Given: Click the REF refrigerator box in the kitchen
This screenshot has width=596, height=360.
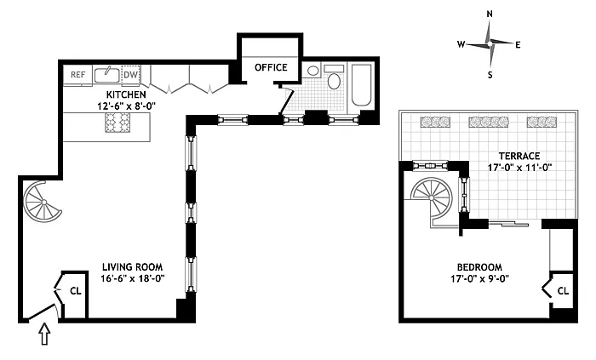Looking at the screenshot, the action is click(x=77, y=75).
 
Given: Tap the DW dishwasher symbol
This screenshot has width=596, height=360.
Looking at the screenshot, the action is click(x=130, y=75).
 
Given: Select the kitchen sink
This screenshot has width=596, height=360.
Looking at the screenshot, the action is click(x=106, y=74).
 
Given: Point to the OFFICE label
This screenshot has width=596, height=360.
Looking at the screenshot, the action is click(x=271, y=67).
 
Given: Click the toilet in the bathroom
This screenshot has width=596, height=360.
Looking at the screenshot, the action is click(x=334, y=83).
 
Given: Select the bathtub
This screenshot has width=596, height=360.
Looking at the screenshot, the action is click(x=361, y=85).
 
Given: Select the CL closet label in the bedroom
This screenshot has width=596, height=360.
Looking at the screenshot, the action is click(x=562, y=290).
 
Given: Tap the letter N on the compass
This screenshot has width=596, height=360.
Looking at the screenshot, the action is click(x=490, y=14).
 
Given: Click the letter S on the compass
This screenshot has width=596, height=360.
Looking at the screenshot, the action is click(x=490, y=74).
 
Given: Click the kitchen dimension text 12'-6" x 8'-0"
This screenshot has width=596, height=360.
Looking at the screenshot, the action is click(x=132, y=106).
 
